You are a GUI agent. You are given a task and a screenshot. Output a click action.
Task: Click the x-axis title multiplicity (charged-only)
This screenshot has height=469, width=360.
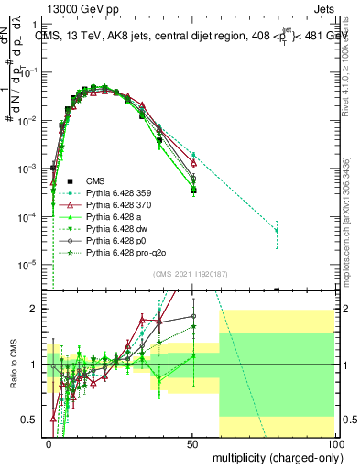coord(272,456)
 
